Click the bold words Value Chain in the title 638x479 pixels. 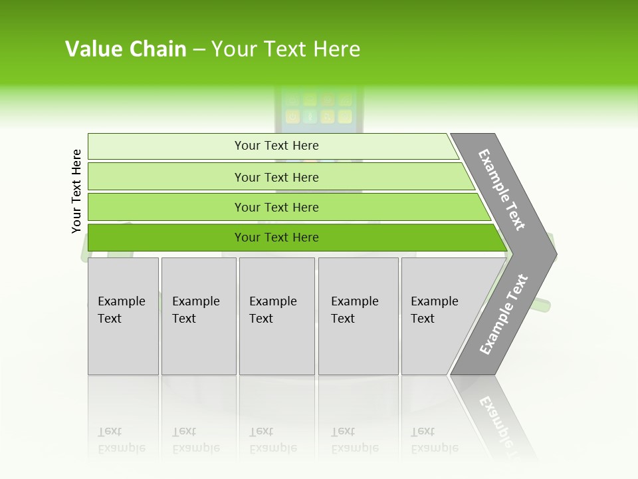(126, 49)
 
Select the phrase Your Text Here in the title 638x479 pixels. (286, 49)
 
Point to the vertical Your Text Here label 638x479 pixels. (76, 192)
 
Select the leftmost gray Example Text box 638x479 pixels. (123, 316)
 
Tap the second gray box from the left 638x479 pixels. (198, 316)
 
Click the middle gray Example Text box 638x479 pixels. (276, 316)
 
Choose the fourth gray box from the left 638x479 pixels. (358, 316)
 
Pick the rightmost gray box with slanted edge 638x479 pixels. (439, 316)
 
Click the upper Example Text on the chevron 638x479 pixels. (502, 190)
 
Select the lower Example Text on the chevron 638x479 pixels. (504, 315)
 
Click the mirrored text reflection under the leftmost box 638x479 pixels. (122, 440)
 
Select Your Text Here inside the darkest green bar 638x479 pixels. (276, 238)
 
